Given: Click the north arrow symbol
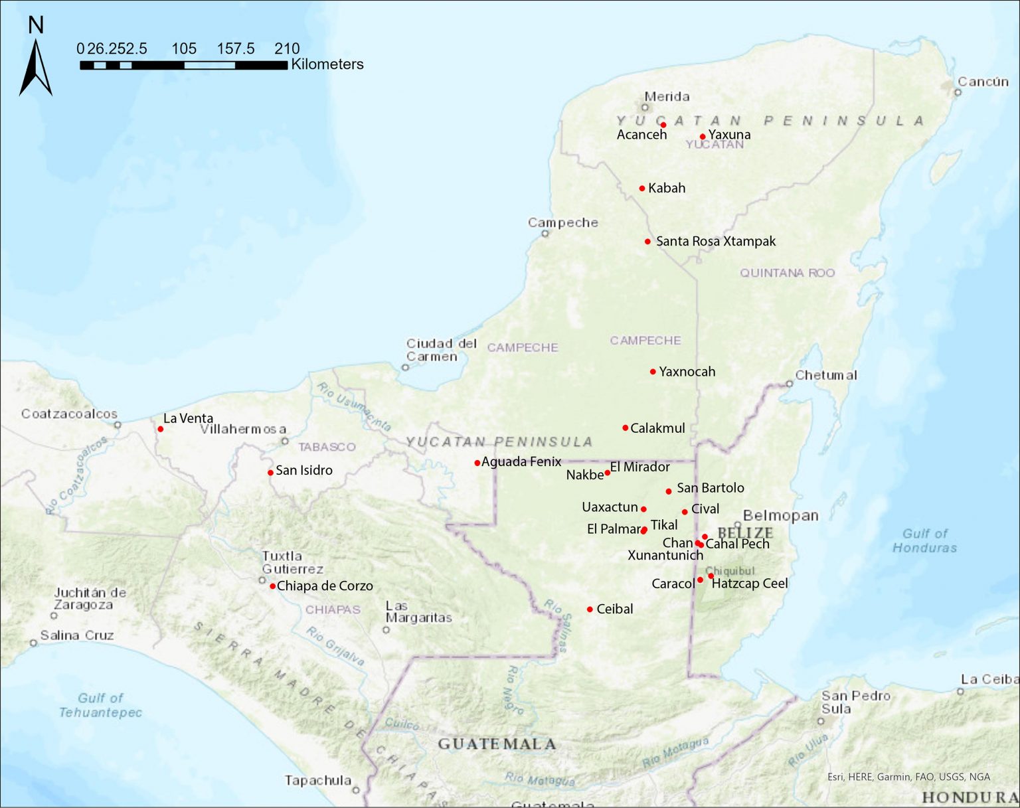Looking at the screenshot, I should click(x=36, y=66).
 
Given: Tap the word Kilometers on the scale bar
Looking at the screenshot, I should click(x=327, y=64).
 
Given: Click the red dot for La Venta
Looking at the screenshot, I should click(x=160, y=429).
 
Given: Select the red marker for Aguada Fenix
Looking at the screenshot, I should click(x=477, y=463).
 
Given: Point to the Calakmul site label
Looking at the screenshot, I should click(x=657, y=428).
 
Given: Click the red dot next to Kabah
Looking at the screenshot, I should click(x=642, y=189).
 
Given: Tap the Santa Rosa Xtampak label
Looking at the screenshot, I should click(x=715, y=241).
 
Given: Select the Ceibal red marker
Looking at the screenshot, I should click(x=590, y=609).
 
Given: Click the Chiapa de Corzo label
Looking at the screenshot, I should click(x=325, y=586).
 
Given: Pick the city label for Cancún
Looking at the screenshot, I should click(x=983, y=82).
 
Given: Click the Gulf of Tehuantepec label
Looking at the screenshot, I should click(x=100, y=705).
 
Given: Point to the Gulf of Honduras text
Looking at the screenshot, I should click(x=924, y=540).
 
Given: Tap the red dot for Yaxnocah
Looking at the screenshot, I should click(x=653, y=372).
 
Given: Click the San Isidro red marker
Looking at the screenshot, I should click(x=270, y=473).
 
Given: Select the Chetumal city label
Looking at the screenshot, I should click(x=826, y=375).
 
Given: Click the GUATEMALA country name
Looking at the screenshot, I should click(x=497, y=744).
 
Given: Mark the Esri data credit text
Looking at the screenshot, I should click(x=908, y=776).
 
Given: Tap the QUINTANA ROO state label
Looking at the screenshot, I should click(x=787, y=273).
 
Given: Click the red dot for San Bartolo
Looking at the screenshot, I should click(x=669, y=491).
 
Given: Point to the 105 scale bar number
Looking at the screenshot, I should click(x=184, y=48).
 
